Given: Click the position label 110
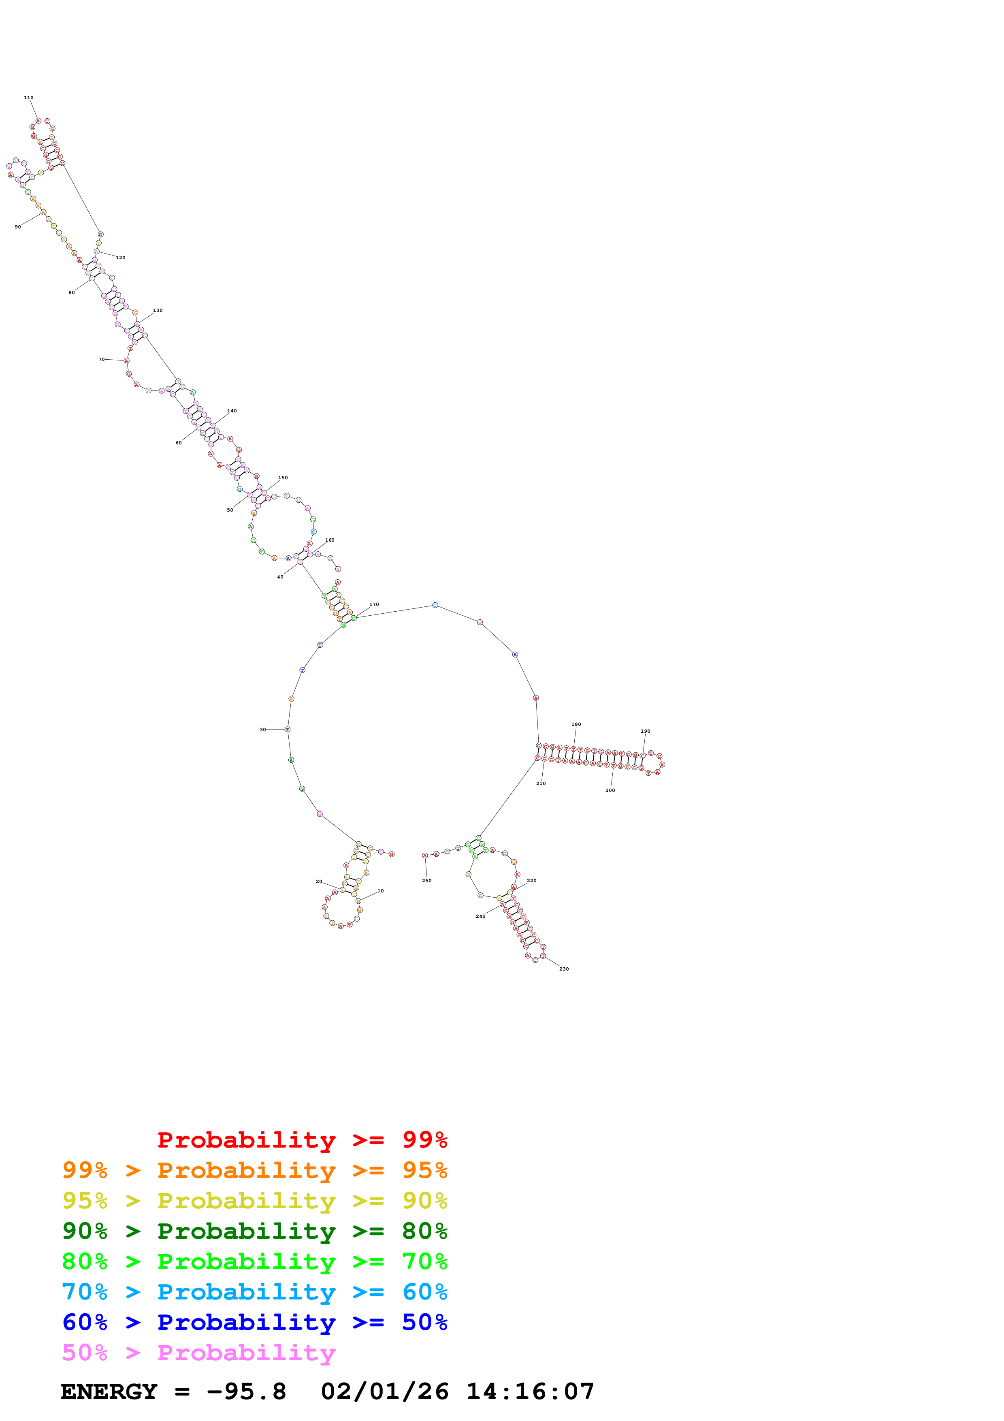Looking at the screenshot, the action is pos(28,98).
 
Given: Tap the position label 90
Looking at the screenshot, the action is pos(18,227).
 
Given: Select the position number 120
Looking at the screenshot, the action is pos(121,258).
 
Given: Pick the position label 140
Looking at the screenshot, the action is pos(232,411).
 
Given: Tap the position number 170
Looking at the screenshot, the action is pos(374,605).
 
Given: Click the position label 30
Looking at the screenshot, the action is pos(263,730).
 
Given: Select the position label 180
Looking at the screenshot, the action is pos(576,724).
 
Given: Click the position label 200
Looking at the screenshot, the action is pos(610,790).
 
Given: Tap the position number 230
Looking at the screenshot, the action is pos(564,969).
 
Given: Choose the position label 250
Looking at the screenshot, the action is pos(427,881).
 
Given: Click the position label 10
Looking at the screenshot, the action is pos(380,891).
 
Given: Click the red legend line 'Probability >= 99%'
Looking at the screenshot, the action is pos(302,1140).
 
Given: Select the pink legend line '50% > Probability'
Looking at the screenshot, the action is pos(198,1353).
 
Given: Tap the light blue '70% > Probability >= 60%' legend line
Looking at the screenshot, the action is pos(254,1292).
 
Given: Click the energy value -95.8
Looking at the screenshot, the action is pos(246,1392).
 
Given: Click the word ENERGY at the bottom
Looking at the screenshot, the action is pos(109,1392).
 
